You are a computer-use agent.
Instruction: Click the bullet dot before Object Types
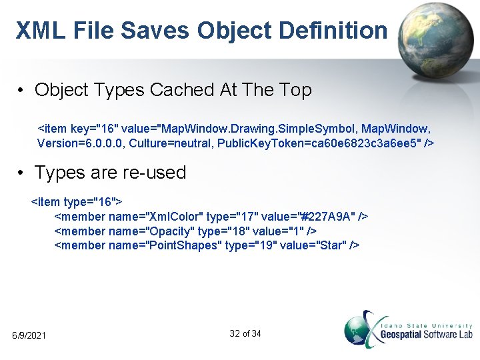tap(23, 91)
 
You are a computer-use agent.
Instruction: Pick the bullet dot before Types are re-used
tap(23, 173)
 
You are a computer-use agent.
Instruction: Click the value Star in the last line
tap(333, 245)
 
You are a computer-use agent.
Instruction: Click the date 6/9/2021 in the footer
tap(29, 335)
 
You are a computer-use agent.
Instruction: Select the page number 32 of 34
tap(245, 333)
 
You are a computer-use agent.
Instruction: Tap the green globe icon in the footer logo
tap(361, 329)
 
